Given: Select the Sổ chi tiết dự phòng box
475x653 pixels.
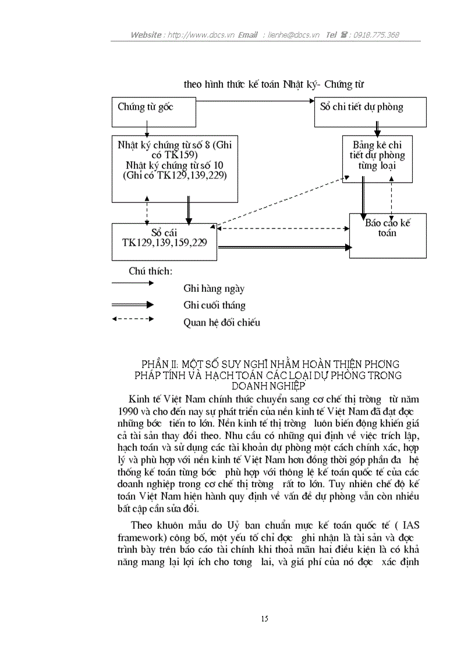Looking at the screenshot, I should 370,112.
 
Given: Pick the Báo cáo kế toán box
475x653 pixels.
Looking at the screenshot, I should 387,235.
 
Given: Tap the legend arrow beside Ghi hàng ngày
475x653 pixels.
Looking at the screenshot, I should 133,283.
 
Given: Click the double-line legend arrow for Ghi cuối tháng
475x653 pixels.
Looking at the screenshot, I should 133,304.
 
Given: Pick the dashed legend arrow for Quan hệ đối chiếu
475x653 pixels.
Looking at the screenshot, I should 133,319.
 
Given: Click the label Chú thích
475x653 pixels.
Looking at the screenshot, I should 150,271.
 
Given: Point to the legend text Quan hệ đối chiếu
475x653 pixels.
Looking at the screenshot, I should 222,323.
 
